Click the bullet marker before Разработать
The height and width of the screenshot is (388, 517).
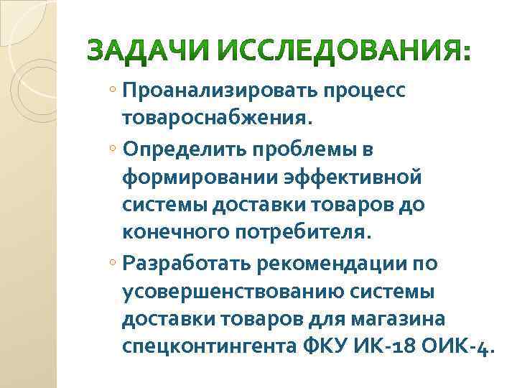click(116, 264)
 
